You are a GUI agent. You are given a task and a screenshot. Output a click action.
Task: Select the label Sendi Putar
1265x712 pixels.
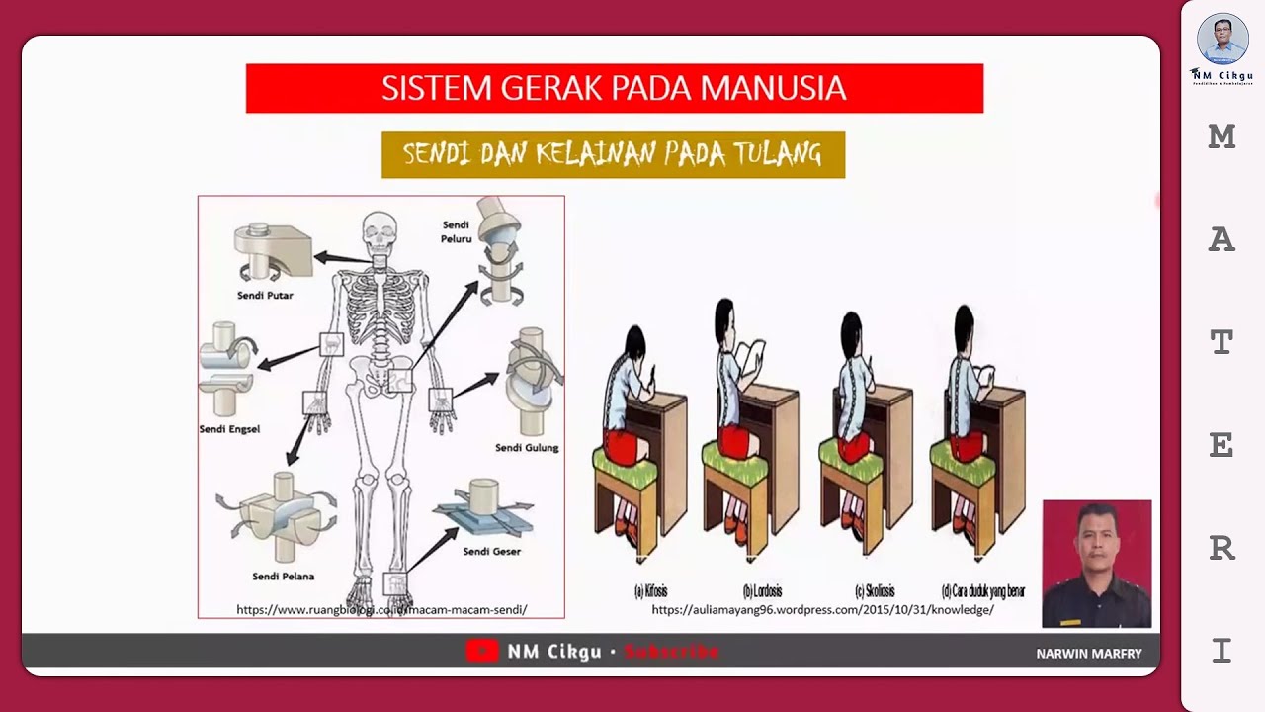265,295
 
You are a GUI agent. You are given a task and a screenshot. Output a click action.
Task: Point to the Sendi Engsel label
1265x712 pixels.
229,429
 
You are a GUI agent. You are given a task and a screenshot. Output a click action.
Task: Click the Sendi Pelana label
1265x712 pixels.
283,576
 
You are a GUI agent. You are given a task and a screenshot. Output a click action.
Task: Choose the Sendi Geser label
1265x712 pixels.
491,551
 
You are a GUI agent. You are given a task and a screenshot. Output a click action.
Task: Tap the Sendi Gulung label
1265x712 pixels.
527,447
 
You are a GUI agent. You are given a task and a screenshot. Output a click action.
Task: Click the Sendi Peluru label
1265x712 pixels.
456,231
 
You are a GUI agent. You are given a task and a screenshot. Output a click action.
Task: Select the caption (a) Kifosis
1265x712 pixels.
650,591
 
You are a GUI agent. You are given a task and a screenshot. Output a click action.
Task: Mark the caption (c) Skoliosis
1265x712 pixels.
874,591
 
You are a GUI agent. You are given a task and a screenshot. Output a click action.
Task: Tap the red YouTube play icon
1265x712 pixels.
481,651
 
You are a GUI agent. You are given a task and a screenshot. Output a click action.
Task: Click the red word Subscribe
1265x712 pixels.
672,652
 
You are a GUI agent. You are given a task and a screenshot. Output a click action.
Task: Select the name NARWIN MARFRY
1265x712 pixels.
1088,654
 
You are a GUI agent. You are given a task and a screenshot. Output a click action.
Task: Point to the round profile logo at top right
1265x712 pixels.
1222,40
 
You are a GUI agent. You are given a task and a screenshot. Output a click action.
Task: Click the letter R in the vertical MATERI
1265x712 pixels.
1223,547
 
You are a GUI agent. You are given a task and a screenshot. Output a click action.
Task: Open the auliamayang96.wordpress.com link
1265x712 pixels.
822,610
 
